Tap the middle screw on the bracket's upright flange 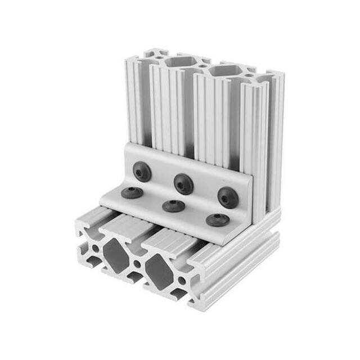tap(183, 183)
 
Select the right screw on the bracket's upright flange tap(228, 196)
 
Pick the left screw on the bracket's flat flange tap(132, 193)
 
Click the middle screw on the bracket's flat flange tap(173, 206)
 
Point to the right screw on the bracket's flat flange tap(217, 219)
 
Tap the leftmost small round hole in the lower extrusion tap(96, 248)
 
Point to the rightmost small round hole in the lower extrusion tap(182, 279)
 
